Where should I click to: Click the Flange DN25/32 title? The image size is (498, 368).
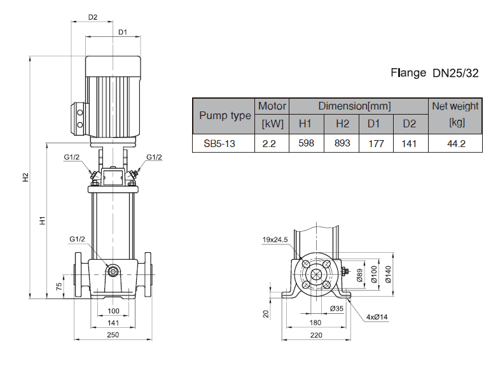[x=434, y=73]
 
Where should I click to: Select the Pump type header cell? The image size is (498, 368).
[x=225, y=115]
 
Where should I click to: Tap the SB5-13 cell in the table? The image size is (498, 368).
[x=219, y=144]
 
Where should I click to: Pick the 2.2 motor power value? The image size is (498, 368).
[x=269, y=144]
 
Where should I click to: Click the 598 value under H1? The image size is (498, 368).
[x=306, y=144]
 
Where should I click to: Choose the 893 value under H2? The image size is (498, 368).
[x=342, y=144]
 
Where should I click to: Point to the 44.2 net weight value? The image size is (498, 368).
[x=456, y=144]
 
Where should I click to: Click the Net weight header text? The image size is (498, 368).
[x=455, y=106]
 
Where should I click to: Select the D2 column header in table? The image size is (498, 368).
[x=409, y=124]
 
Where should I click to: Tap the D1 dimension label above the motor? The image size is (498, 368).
[x=123, y=31]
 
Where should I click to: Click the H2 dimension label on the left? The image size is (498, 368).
[x=26, y=178]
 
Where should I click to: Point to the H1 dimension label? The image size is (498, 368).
[x=42, y=221]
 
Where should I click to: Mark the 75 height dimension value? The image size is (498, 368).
[x=59, y=286]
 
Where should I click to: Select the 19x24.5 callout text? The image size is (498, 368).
[x=275, y=239]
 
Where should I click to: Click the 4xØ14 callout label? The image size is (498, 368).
[x=377, y=316]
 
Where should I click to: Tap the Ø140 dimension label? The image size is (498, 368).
[x=389, y=274]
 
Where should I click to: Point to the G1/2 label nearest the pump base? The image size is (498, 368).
[x=77, y=239]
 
